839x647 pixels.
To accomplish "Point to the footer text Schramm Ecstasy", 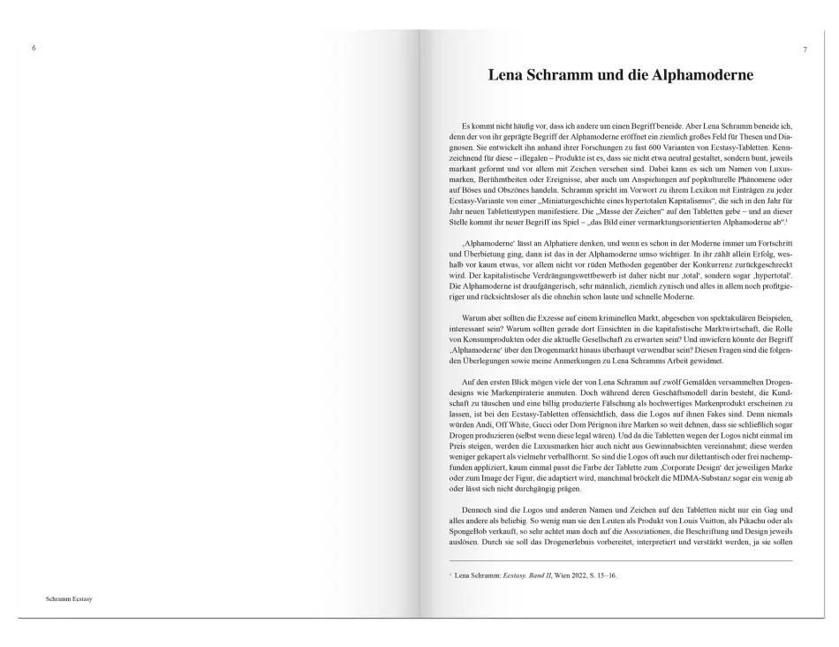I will tap(69, 598).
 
